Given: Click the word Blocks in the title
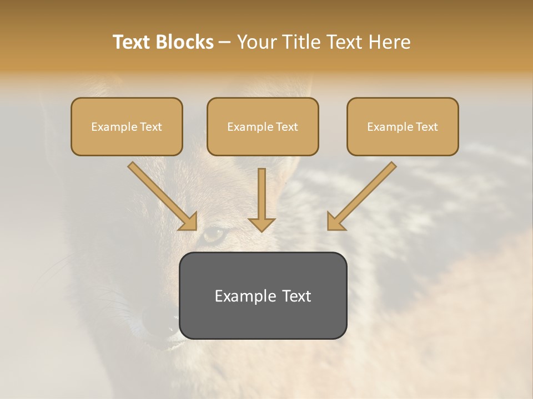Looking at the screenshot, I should (184, 42).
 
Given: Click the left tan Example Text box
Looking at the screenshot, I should (127, 127).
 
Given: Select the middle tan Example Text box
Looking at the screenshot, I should (263, 127).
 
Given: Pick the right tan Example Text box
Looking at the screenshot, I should (403, 127).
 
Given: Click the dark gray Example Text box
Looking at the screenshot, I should (263, 296).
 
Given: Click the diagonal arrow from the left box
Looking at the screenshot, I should (163, 196).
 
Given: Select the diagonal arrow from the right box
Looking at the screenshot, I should (361, 196).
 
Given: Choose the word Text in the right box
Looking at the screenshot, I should (426, 127).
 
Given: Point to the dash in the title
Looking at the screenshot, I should (225, 42).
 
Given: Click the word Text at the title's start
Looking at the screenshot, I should (132, 42).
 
